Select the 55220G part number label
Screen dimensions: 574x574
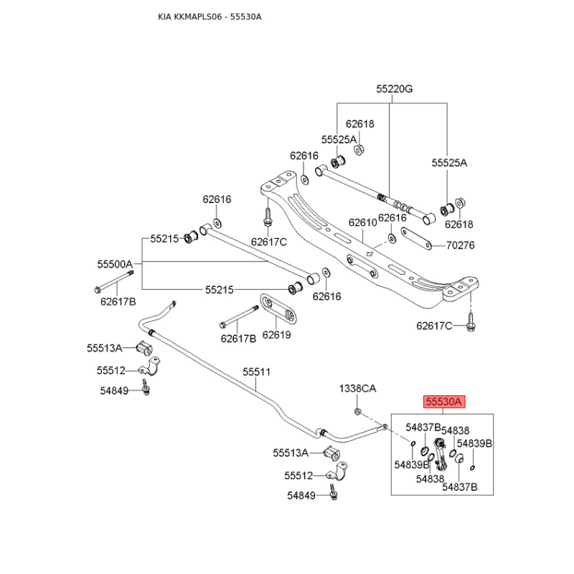click(x=395, y=89)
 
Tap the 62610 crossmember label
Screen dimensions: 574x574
click(x=362, y=223)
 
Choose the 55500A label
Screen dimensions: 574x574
click(x=116, y=264)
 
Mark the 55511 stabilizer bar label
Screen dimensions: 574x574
click(x=256, y=372)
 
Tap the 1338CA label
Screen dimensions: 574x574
click(x=357, y=388)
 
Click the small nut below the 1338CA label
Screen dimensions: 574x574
click(x=357, y=411)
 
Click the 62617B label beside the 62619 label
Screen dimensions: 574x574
click(x=238, y=339)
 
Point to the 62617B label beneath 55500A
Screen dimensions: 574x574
click(x=118, y=301)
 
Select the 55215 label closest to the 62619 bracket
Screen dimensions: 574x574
click(x=219, y=290)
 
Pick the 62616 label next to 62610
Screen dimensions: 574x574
click(x=392, y=217)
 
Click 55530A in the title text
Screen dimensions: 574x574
click(x=245, y=17)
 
